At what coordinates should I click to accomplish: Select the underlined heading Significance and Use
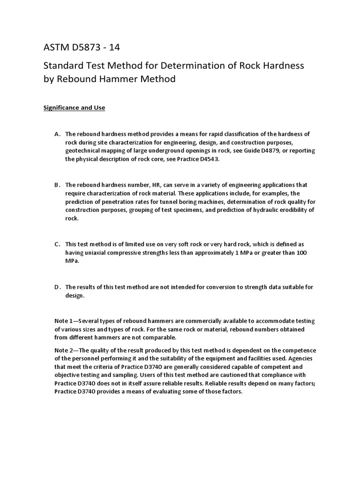click(x=74, y=108)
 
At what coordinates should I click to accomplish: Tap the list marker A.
click(x=57, y=134)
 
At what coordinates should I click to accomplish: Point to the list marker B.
click(x=57, y=185)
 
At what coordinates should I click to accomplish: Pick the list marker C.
click(x=57, y=244)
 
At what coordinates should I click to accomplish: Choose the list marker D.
click(x=57, y=287)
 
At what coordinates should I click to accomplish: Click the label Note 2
click(x=65, y=350)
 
